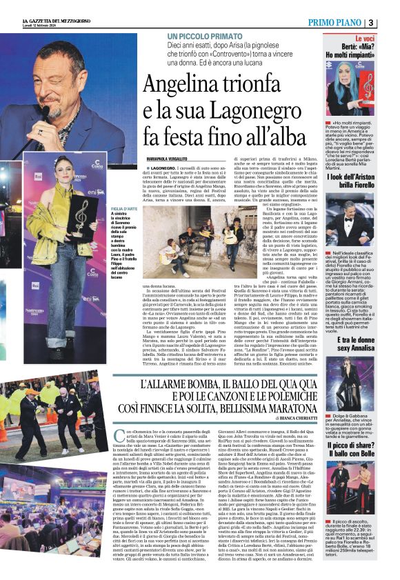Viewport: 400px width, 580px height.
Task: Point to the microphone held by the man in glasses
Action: (x=43, y=112)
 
